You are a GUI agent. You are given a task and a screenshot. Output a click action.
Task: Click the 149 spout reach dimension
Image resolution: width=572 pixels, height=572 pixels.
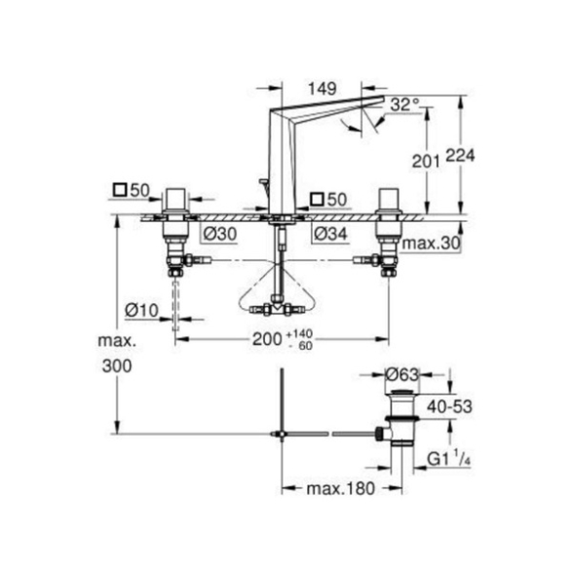tap(323, 89)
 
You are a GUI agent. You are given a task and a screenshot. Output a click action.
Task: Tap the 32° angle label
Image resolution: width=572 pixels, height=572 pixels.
tap(404, 105)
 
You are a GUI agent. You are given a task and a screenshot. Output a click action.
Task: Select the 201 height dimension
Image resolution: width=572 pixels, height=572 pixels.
tap(426, 161)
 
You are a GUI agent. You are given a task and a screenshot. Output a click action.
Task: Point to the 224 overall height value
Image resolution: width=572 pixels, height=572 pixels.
tap(460, 156)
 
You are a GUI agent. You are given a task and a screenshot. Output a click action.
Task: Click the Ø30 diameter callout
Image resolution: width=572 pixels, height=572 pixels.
tap(220, 234)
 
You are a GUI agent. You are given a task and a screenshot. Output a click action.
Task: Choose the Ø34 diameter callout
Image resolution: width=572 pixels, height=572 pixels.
tap(330, 234)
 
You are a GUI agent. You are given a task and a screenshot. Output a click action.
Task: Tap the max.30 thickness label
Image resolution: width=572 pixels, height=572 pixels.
tap(431, 244)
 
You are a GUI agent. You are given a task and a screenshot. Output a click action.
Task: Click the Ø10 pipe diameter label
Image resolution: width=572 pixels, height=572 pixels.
tap(141, 311)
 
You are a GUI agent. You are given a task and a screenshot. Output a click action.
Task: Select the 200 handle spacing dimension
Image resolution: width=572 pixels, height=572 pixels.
tap(267, 339)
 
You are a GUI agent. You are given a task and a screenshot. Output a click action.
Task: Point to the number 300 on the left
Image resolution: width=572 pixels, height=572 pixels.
tap(117, 365)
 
